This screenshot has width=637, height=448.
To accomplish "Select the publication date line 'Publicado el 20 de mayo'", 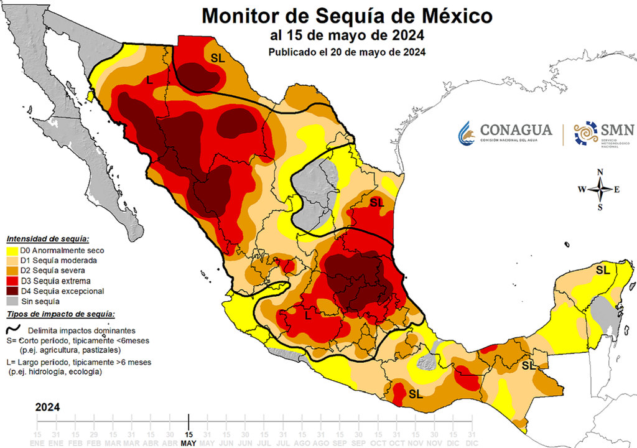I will tap(346, 52).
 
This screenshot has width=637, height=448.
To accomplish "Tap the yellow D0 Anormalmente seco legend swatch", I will tap(12, 251).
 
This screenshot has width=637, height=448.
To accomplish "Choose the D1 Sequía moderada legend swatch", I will tap(12, 261).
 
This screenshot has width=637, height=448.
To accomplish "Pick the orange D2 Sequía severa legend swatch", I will tap(12, 271).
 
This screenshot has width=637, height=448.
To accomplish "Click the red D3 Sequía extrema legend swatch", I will tap(12, 281).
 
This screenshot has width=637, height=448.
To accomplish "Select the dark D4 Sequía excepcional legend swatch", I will tap(12, 291).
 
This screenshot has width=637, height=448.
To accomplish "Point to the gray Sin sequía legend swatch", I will tap(12, 301).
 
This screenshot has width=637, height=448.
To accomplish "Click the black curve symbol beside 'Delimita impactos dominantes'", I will tap(12, 330).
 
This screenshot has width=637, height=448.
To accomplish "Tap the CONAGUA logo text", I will tap(516, 130).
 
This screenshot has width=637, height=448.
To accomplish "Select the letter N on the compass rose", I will tap(600, 172).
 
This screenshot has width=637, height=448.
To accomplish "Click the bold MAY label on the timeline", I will tap(188, 443).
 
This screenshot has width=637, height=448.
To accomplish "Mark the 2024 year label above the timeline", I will tap(47, 408).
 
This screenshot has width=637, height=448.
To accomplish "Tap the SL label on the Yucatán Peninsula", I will tap(602, 270).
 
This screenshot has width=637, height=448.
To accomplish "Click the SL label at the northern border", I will tap(218, 57).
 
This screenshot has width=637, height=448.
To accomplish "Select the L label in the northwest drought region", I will tap(149, 80).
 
